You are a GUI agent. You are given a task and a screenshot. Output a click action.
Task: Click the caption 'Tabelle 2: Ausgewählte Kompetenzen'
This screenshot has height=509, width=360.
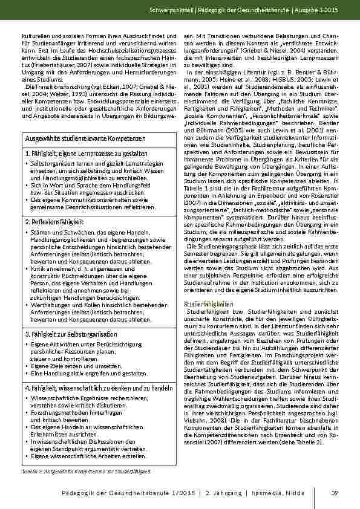[85, 470]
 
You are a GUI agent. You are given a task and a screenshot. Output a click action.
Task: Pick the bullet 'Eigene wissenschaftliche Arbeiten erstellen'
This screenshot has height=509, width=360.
[84, 458]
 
